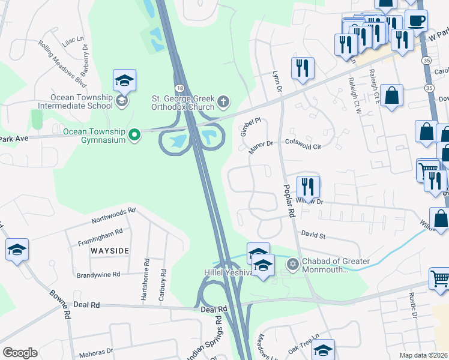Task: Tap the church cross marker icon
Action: tap(223, 100)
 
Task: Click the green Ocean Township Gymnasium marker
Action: tap(135, 134)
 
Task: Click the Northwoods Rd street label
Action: tap(114, 216)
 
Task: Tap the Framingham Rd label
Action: tap(100, 233)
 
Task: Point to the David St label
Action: tap(313, 235)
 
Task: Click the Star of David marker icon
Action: tap(293, 263)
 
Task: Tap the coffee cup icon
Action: tap(416, 20)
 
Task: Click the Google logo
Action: tap(20, 353)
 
